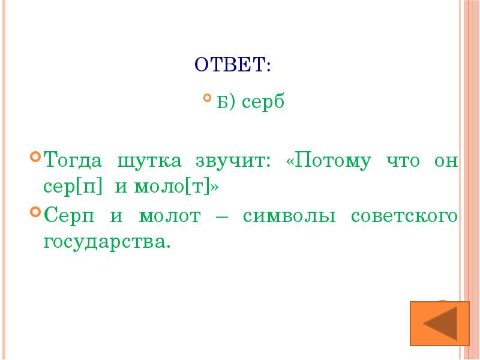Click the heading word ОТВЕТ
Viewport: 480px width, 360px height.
click(233, 64)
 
